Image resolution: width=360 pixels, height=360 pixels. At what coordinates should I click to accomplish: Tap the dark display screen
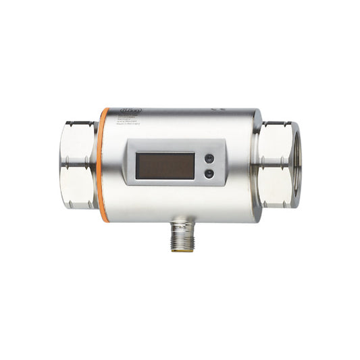tap(165, 165)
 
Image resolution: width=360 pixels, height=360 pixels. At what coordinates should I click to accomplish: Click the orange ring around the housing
tap(102, 162)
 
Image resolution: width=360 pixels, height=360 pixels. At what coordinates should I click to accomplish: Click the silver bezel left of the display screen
tap(130, 165)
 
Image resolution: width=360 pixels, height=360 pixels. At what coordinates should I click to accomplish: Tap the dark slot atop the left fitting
tap(81, 122)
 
